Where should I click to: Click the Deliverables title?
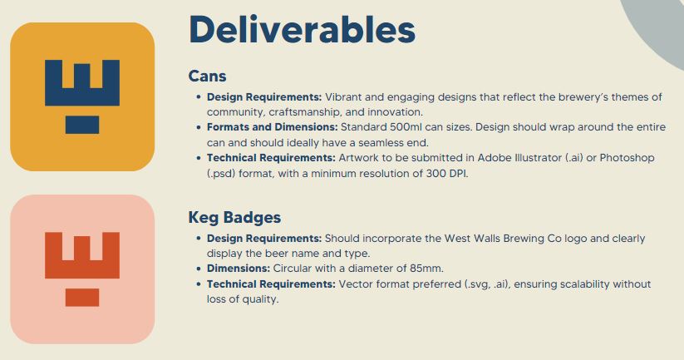[302, 30]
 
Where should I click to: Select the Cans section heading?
[207, 76]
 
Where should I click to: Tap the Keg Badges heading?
[234, 217]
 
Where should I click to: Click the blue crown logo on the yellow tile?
[82, 96]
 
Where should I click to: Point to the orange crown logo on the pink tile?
[82, 269]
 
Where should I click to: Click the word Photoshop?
[627, 158]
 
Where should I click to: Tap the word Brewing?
[524, 239]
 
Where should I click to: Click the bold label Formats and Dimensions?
[273, 127]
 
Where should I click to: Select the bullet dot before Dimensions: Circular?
[199, 269]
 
